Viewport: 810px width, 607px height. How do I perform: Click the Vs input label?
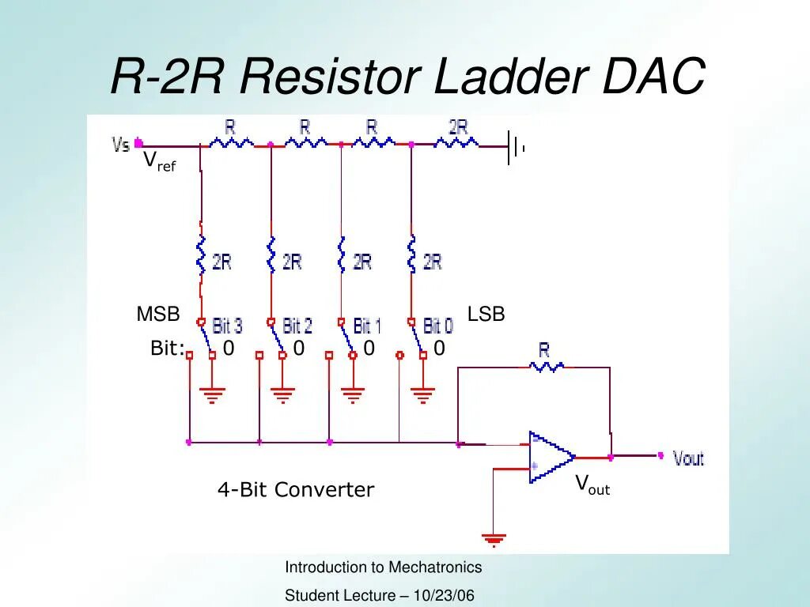(x=121, y=145)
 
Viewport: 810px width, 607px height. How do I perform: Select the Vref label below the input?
(x=158, y=162)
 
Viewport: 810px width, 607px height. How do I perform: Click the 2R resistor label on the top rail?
(x=458, y=127)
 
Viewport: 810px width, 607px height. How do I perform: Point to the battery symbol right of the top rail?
(x=516, y=147)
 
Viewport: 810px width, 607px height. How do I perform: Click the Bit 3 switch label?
(x=227, y=325)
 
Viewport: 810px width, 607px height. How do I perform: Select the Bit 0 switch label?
(x=438, y=325)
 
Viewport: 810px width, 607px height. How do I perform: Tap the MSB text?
(x=158, y=315)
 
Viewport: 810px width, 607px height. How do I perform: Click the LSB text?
(x=486, y=315)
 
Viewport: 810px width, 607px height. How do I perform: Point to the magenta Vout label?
(x=688, y=458)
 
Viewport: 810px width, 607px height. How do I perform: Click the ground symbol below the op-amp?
(x=494, y=541)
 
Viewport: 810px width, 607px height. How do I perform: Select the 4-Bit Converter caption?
(x=296, y=490)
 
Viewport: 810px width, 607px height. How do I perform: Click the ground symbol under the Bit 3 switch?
(x=212, y=393)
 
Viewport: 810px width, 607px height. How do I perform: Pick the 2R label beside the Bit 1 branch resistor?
(x=362, y=262)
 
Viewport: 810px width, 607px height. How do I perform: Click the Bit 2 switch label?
(x=297, y=325)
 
